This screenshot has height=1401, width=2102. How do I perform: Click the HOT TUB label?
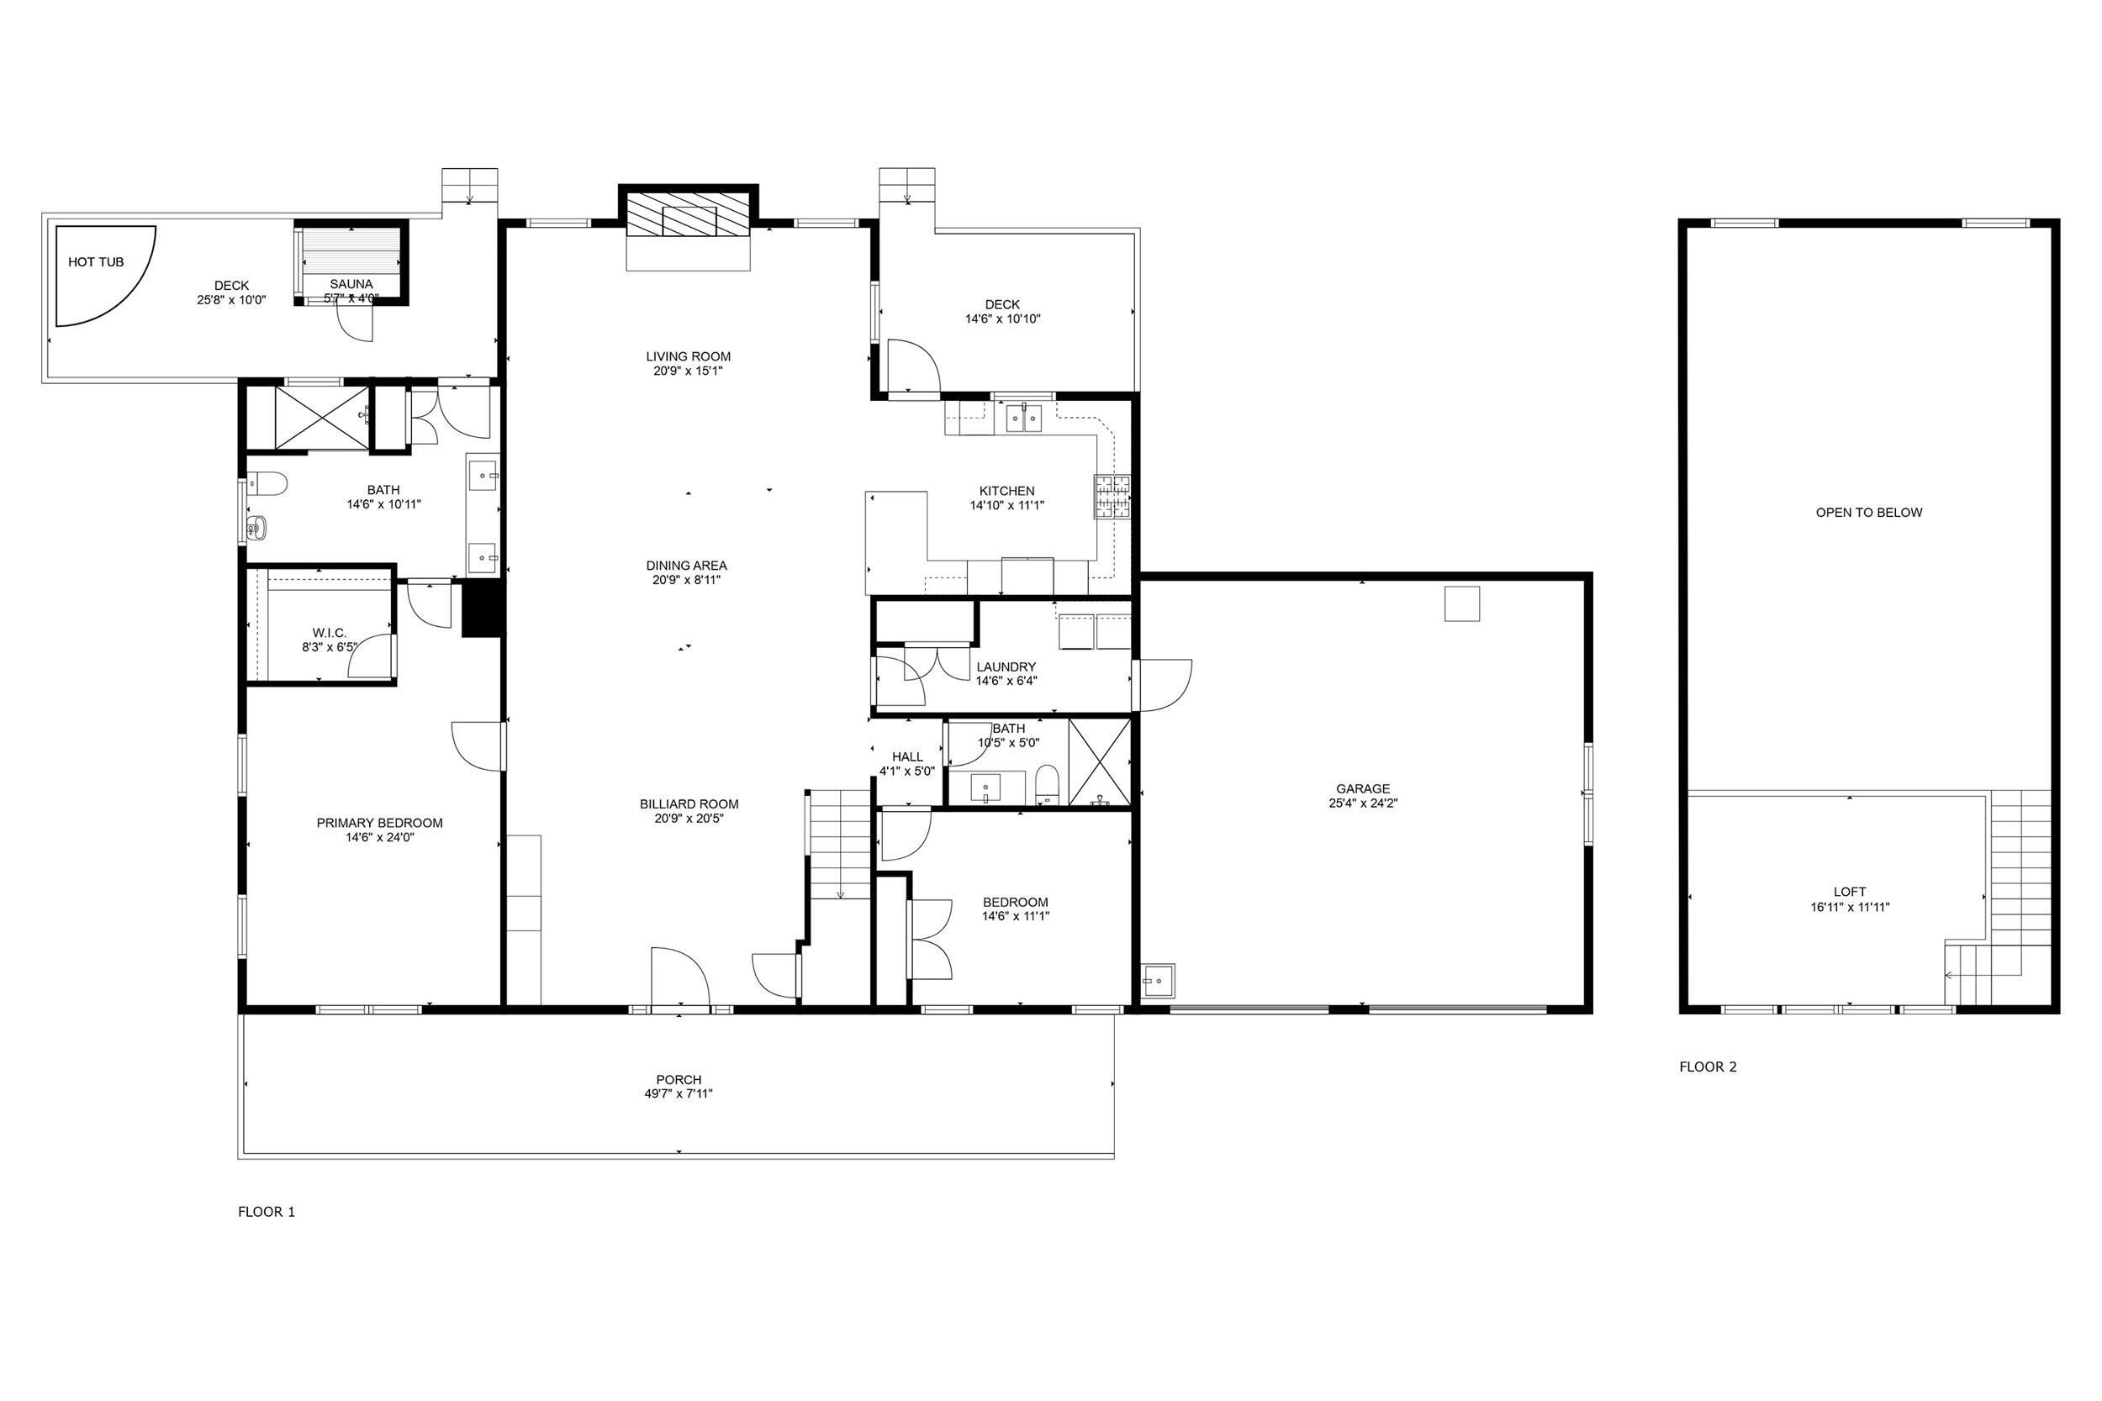point(96,261)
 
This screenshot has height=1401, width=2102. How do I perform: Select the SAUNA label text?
point(351,284)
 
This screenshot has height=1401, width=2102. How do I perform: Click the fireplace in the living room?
point(688,215)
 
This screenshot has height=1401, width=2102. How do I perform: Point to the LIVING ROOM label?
point(688,356)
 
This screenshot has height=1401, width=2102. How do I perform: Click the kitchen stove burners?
point(1111,497)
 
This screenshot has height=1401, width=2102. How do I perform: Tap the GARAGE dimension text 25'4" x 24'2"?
point(1363,803)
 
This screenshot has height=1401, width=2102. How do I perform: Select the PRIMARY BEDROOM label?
point(380,823)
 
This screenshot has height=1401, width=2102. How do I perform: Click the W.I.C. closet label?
point(330,633)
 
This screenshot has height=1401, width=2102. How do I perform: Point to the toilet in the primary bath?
point(266,484)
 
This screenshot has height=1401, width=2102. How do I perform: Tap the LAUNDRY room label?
point(1006,666)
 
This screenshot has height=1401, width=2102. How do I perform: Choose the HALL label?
point(907,756)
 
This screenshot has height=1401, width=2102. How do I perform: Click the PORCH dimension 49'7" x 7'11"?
point(679,1093)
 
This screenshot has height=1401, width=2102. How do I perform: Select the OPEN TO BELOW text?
point(1869,513)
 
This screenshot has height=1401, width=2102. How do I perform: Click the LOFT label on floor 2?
point(1849,892)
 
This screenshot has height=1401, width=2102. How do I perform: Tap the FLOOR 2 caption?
point(1708,1066)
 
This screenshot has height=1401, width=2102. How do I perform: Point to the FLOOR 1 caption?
point(267,1212)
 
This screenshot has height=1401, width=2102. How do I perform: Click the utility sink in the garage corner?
point(1159,981)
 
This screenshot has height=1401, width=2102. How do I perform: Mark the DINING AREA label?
point(686,566)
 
